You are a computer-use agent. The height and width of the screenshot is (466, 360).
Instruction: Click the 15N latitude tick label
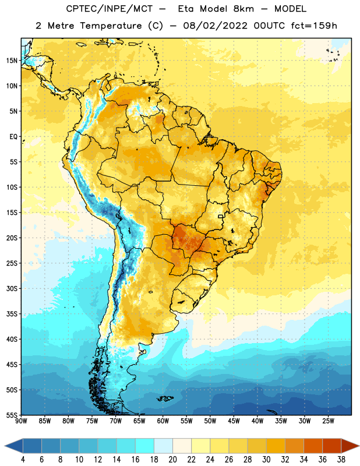pyautogui.click(x=12, y=61)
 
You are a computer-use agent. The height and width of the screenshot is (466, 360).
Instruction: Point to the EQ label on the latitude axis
pyautogui.click(x=13, y=137)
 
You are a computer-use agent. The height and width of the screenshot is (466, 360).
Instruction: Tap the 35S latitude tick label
pyautogui.click(x=12, y=314)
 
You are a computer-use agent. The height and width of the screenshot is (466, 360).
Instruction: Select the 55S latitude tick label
pyautogui.click(x=12, y=415)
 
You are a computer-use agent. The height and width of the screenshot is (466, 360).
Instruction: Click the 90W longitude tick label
pyautogui.click(x=21, y=421)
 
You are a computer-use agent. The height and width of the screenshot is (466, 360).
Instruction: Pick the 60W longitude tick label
pyautogui.click(x=163, y=421)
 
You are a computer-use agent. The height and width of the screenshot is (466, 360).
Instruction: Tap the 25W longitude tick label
pyautogui.click(x=328, y=421)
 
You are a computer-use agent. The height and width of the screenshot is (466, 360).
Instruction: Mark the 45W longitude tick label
pyautogui.click(x=234, y=421)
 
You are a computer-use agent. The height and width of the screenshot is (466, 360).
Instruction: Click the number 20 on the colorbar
pyautogui.click(x=172, y=460)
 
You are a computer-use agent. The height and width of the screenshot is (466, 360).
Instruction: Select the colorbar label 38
pyautogui.click(x=341, y=460)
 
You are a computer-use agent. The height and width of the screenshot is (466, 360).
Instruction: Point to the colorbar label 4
pyautogui.click(x=23, y=460)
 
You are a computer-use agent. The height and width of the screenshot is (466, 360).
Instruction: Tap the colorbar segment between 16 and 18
pyautogui.click(x=145, y=446)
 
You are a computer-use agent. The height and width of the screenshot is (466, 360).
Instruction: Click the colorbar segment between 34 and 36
pyautogui.click(x=313, y=446)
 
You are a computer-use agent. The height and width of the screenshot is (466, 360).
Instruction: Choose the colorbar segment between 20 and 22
pyautogui.click(x=182, y=446)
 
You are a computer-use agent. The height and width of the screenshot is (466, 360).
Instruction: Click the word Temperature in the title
pyautogui.click(x=111, y=26)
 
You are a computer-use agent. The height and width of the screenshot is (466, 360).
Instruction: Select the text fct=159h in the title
pyautogui.click(x=314, y=26)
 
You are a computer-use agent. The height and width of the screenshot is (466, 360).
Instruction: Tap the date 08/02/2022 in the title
pyautogui.click(x=215, y=26)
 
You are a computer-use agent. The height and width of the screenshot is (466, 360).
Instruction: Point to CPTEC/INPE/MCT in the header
pyautogui.click(x=109, y=9)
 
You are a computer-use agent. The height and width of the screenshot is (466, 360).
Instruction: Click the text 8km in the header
pyautogui.click(x=243, y=9)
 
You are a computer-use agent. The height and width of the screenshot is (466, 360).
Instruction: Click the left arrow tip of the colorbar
pyautogui.click(x=5, y=446)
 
